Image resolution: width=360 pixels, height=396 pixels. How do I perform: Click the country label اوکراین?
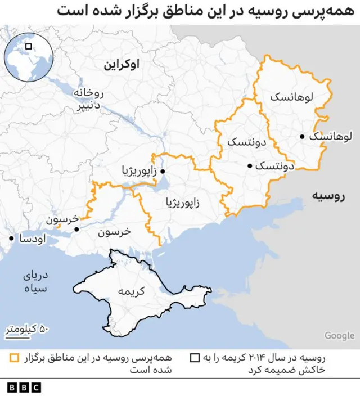coord(121,65)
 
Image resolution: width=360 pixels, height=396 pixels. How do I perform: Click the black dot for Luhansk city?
coord(303,136)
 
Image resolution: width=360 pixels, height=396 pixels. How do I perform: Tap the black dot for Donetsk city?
coord(250,166)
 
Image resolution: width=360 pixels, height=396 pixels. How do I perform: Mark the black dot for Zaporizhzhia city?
coord(163,171)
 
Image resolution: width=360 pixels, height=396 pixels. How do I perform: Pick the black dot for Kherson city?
coord(77,229)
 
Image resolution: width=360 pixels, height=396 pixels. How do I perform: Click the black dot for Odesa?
coord(11,238)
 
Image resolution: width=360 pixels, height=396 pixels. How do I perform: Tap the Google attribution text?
coord(339,336)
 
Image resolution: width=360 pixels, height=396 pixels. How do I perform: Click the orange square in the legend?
coord(14,358)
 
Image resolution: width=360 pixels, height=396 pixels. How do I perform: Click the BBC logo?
coord(24,387)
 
